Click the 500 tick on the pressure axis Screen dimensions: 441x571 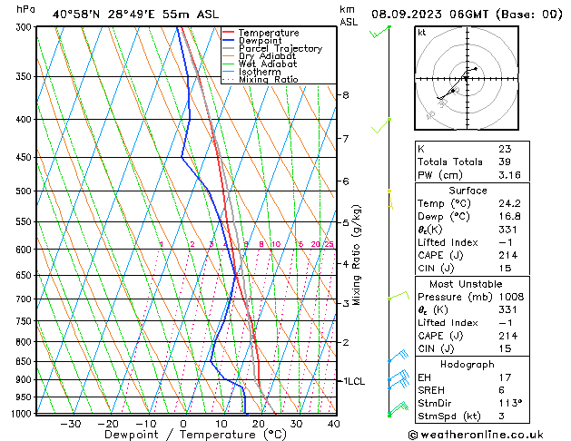click(22, 191)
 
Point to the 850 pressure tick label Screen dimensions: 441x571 click(22, 361)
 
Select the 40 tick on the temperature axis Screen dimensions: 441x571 click(333, 424)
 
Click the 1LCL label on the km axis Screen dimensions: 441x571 click(351, 381)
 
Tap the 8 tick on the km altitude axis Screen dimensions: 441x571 click(345, 94)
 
